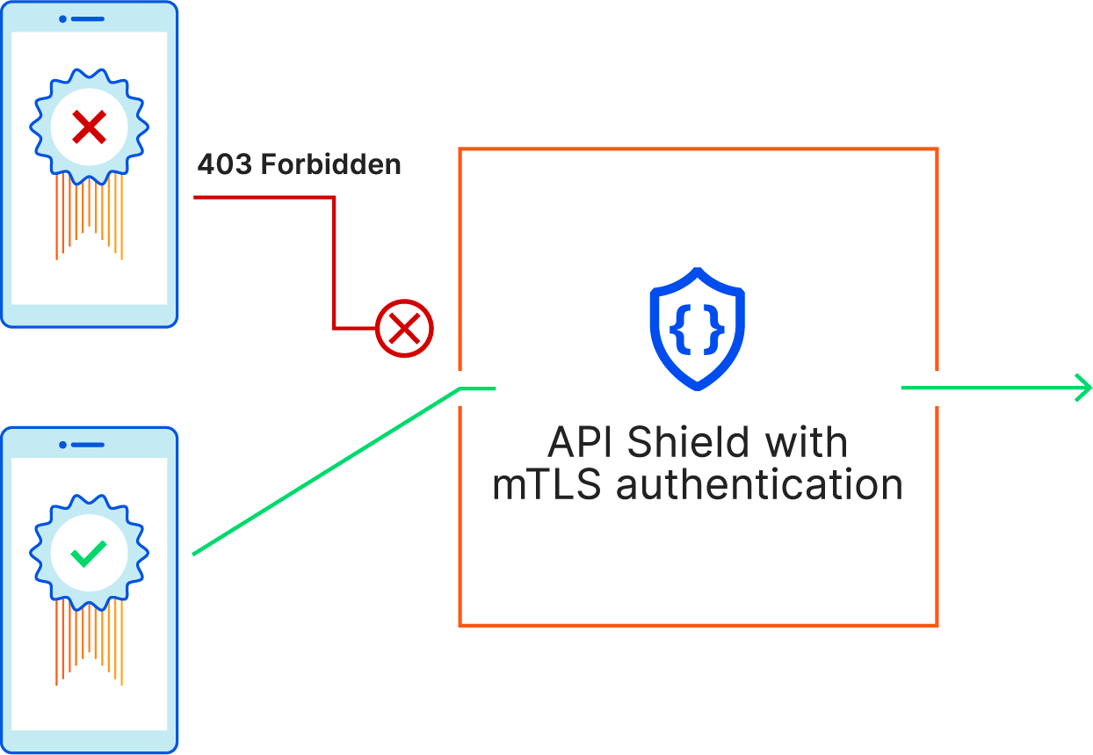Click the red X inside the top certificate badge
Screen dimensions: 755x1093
coord(89,128)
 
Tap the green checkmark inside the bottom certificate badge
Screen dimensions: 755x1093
coord(89,553)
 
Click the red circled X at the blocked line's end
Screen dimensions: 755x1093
coord(404,329)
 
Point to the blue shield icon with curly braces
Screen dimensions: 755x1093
coord(697,327)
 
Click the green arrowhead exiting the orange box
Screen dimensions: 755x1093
coord(1083,387)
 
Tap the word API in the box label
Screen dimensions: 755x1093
coord(581,442)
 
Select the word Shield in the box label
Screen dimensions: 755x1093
coord(688,442)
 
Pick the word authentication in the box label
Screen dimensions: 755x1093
coord(759,484)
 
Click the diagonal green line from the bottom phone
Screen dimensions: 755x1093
coord(325,471)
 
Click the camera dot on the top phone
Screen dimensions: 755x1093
coord(62,18)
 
